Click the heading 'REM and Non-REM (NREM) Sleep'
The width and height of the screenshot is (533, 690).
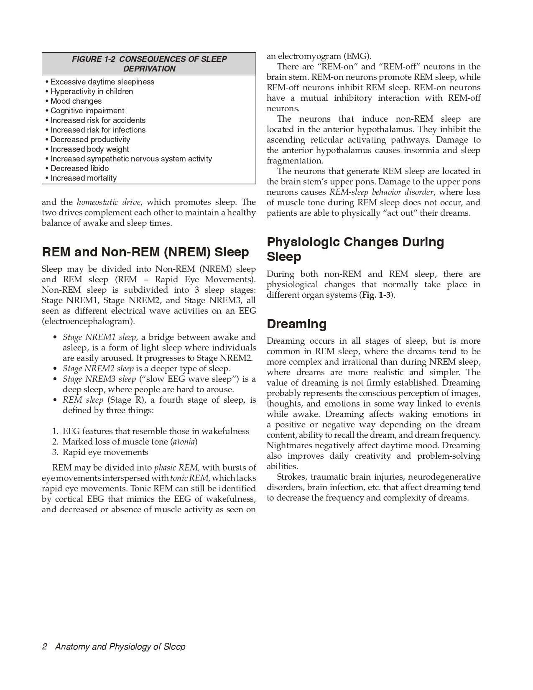coord(145,252)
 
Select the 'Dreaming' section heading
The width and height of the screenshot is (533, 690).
coord(296,324)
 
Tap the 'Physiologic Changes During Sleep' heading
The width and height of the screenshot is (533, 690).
coord(355,249)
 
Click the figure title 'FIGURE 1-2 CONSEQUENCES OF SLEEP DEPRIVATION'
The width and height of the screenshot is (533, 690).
coord(149,64)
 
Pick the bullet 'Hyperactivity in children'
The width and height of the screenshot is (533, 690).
coord(92,92)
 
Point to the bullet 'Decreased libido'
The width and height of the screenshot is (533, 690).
coord(79,169)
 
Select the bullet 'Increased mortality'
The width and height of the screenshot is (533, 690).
coord(84,178)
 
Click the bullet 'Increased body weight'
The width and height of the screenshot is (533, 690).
coord(89,149)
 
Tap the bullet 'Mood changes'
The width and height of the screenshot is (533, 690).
coord(76,101)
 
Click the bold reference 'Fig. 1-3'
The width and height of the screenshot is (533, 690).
coord(377,295)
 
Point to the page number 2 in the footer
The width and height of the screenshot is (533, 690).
coord(44,647)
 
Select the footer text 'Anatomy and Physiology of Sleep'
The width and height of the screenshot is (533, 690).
coord(120,647)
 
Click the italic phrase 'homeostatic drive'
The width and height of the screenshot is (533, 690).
coord(108,202)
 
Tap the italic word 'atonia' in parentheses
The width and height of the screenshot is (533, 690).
coord(184,442)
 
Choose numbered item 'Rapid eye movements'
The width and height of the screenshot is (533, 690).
coord(105,452)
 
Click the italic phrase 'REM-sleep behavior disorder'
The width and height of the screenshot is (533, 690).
coord(382,192)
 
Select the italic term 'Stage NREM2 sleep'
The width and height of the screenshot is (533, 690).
coord(98,369)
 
